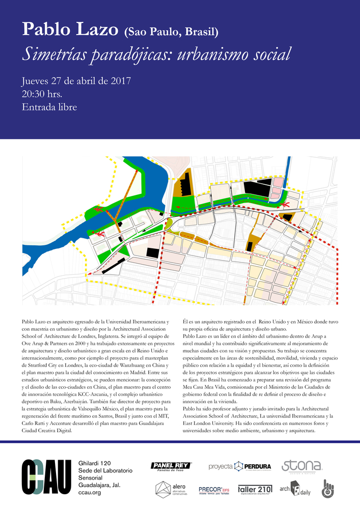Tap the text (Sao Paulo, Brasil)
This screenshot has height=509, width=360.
[x=171, y=33]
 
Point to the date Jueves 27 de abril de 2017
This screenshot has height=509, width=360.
[x=77, y=82]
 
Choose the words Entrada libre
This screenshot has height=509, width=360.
[x=49, y=107]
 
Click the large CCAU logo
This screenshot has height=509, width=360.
[x=46, y=477]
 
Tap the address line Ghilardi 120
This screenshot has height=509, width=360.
[x=95, y=463]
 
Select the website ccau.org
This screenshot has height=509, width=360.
[x=90, y=492]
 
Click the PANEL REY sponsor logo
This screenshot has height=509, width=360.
[x=171, y=466]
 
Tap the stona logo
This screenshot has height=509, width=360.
[x=301, y=466]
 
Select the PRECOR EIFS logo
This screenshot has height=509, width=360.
[x=214, y=490]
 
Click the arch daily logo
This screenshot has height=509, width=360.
[x=294, y=489]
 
